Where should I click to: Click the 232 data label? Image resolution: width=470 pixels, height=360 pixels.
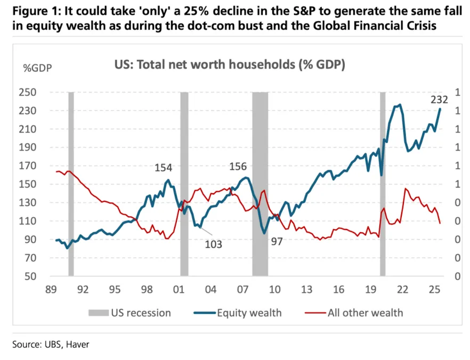tap(440, 100)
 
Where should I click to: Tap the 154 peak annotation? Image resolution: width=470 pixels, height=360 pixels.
tap(163, 168)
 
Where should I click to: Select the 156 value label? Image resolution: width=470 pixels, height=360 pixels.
tap(238, 167)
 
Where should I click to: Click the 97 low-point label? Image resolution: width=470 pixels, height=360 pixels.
tap(277, 241)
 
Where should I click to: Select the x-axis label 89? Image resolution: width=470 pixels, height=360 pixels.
tap(51, 290)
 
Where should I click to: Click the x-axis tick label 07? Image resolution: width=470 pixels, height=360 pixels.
tap(243, 290)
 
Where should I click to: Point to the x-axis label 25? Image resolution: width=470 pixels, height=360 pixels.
tap(434, 290)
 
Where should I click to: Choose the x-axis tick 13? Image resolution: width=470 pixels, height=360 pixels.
tap(306, 290)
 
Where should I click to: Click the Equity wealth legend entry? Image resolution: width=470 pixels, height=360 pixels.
tap(249, 313)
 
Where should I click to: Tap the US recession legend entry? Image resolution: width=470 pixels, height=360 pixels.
tap(141, 313)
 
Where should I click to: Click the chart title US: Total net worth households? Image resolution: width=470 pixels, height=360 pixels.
tap(230, 66)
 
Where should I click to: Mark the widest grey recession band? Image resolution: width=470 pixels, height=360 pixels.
tap(260, 184)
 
